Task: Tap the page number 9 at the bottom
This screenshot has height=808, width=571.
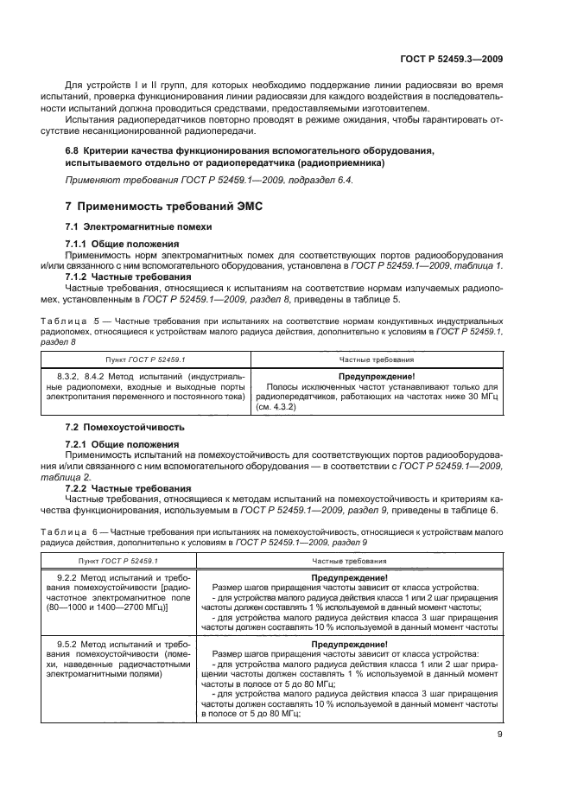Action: (500, 735)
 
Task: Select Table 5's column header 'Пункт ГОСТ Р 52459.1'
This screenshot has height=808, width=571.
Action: (134, 358)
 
